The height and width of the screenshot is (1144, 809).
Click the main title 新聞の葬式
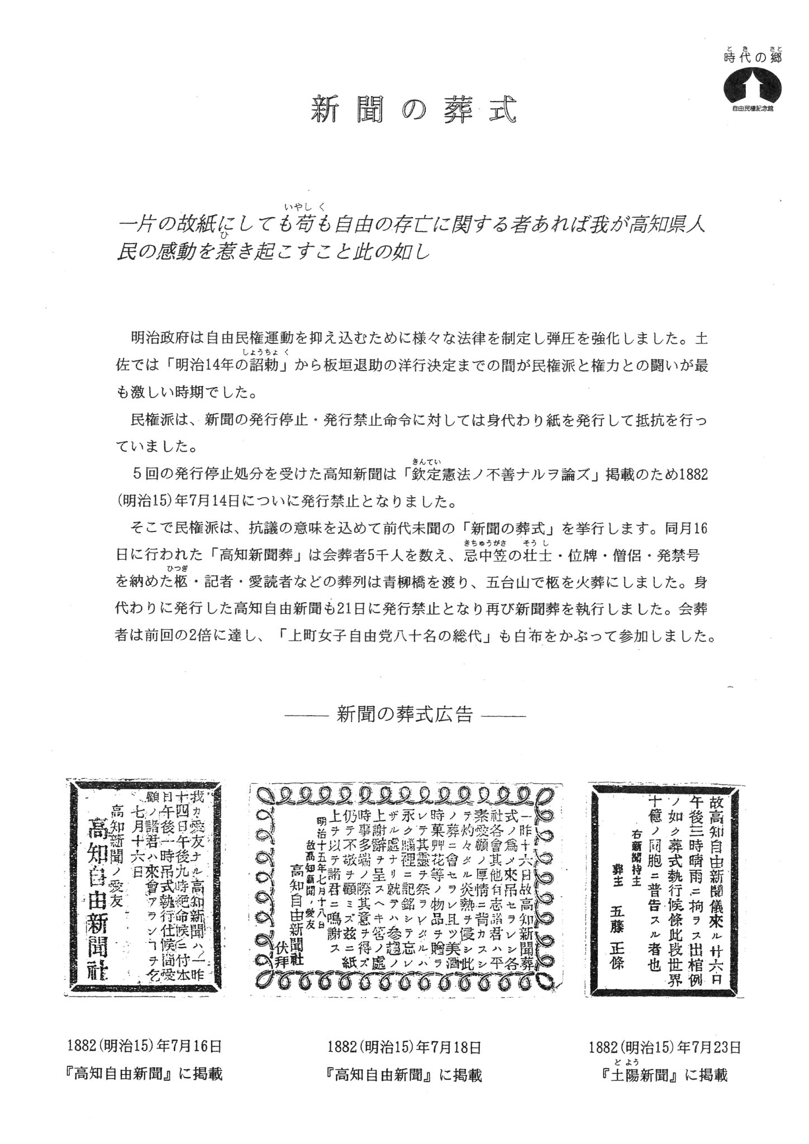[x=413, y=110]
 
